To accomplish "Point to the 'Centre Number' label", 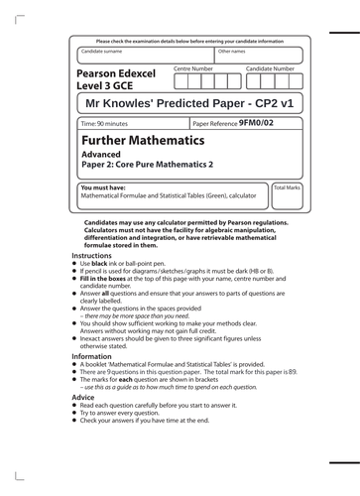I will point(192,68).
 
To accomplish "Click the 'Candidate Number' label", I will point(270,68).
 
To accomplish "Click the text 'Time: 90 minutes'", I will point(105,125).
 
